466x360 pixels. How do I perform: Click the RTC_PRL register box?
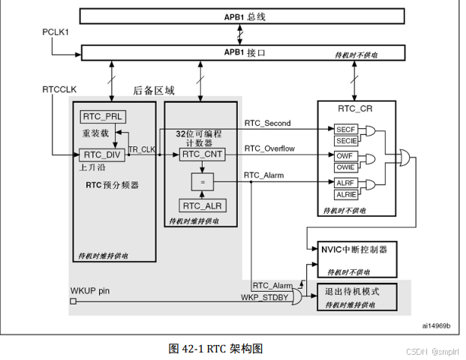point(103,117)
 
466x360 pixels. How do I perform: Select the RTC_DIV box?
point(102,155)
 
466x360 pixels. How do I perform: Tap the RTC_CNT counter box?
point(202,154)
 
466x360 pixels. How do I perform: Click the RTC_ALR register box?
point(203,205)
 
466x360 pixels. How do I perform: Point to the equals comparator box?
point(203,181)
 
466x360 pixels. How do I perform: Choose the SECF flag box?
point(346,130)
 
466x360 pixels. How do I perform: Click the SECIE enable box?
point(346,141)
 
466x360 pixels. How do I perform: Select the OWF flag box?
point(346,156)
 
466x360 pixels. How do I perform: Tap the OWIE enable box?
point(346,167)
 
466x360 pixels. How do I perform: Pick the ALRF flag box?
point(346,183)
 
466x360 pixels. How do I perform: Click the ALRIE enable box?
point(346,194)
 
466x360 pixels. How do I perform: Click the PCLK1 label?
point(56,32)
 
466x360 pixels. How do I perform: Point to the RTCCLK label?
point(59,89)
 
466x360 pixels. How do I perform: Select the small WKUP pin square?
point(73,301)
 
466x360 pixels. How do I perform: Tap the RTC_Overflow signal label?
point(269,148)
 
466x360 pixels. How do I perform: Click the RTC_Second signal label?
point(267,123)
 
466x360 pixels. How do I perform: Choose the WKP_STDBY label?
point(264,297)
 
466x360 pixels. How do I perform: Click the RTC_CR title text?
point(355,109)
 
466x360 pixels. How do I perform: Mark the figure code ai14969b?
point(436,325)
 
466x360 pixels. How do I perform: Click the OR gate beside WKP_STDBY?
point(296,297)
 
